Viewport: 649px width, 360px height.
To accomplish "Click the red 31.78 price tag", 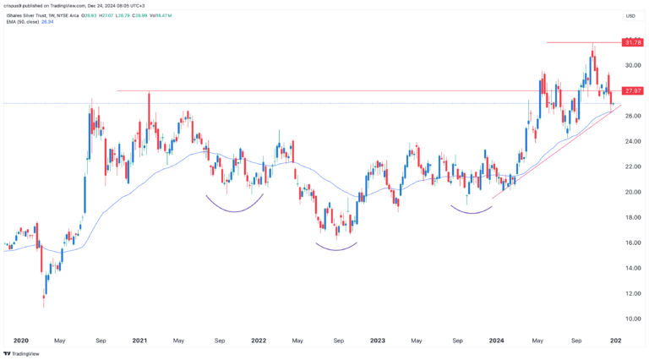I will coord(631,42).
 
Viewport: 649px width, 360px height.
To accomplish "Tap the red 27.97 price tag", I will coord(631,90).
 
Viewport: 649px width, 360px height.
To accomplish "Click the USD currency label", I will coord(630,16).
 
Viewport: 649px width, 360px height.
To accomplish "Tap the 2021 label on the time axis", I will coord(139,341).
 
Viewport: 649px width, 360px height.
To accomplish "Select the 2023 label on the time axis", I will coord(377,341).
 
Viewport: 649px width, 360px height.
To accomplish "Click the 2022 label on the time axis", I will coord(259,341).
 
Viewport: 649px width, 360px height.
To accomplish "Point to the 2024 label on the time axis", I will coord(496,341).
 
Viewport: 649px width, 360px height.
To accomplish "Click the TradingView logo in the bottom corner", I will coord(22,353).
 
